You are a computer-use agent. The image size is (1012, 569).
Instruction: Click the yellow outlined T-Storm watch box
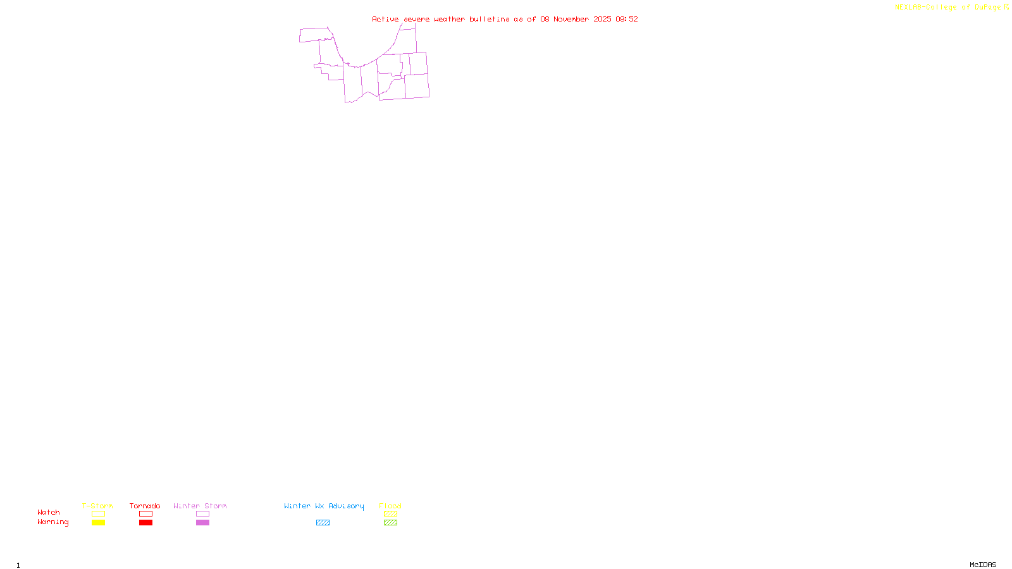click(98, 514)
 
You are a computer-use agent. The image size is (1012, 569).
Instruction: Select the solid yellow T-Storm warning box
click(98, 523)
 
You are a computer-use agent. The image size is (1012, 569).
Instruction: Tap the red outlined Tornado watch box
click(145, 514)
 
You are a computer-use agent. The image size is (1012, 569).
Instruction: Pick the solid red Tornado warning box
click(145, 523)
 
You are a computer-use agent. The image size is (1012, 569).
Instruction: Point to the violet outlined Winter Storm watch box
click(202, 514)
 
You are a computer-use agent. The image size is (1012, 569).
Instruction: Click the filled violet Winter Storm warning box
click(202, 523)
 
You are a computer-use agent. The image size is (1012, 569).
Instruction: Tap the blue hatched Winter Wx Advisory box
click(323, 523)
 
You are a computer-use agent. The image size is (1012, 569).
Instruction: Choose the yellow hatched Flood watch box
click(390, 514)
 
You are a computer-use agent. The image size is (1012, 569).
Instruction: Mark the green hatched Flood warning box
click(390, 523)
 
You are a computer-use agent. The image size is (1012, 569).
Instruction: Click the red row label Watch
click(49, 513)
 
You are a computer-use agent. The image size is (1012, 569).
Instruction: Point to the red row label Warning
click(52, 522)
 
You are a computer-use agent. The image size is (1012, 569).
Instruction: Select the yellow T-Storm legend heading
click(97, 506)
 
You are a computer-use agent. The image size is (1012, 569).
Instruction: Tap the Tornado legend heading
click(145, 506)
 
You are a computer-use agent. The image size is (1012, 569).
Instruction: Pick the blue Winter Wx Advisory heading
click(324, 506)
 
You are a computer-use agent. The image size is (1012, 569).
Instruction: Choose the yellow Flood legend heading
click(390, 506)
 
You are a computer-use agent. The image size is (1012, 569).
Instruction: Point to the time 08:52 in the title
click(627, 19)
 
